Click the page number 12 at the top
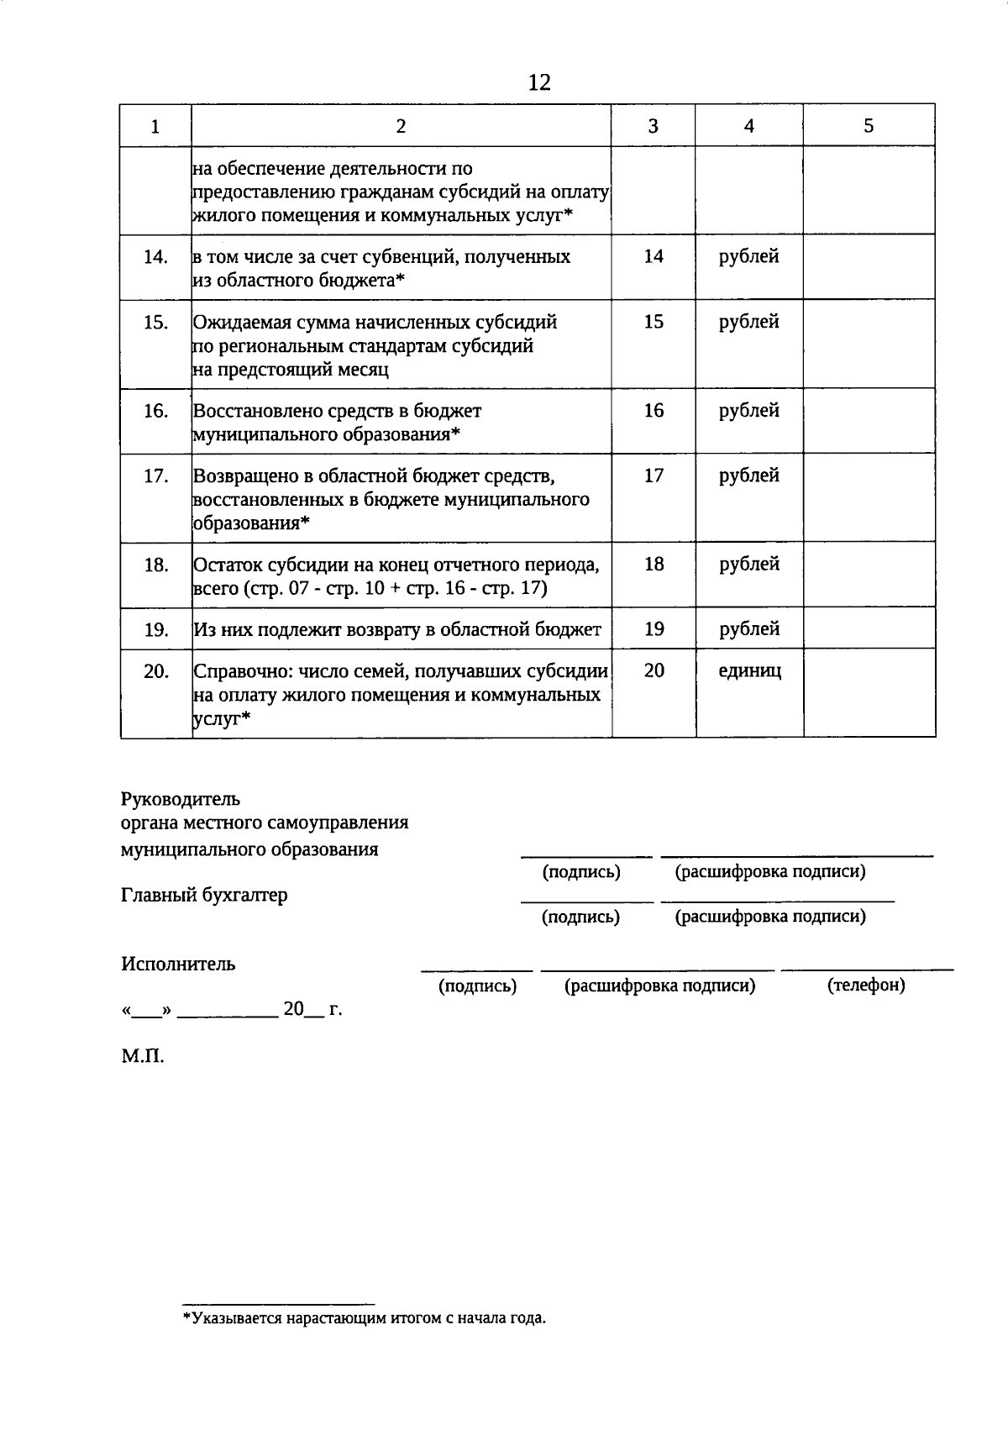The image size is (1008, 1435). tap(539, 82)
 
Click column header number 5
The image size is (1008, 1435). tap(869, 126)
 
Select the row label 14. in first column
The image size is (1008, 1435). tap(155, 257)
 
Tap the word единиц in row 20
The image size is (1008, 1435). tap(749, 670)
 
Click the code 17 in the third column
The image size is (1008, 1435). tap(654, 476)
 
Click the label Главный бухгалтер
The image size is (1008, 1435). tap(204, 895)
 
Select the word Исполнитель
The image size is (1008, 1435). tap(178, 964)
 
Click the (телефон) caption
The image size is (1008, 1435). tap(866, 985)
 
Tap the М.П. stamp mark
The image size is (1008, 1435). tap(143, 1056)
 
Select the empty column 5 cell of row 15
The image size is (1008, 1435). tap(869, 344)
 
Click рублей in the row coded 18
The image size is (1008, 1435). tap(749, 564)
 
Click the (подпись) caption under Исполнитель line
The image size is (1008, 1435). tap(477, 986)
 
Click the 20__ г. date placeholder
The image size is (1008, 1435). tap(312, 1009)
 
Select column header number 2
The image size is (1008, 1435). tap(401, 126)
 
